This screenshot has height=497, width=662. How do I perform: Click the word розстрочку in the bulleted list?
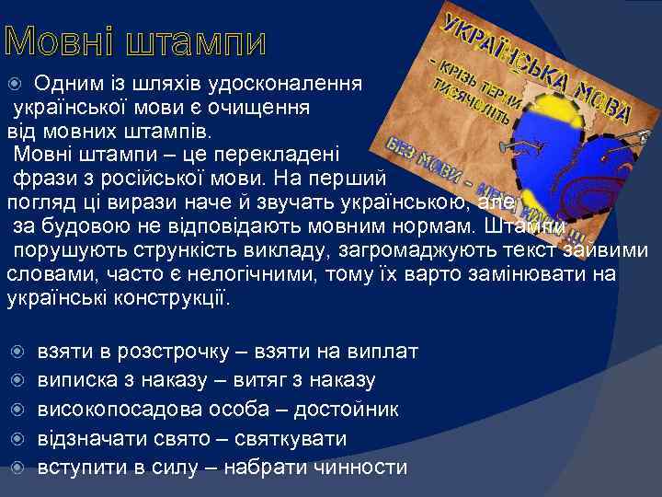click(165, 352)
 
